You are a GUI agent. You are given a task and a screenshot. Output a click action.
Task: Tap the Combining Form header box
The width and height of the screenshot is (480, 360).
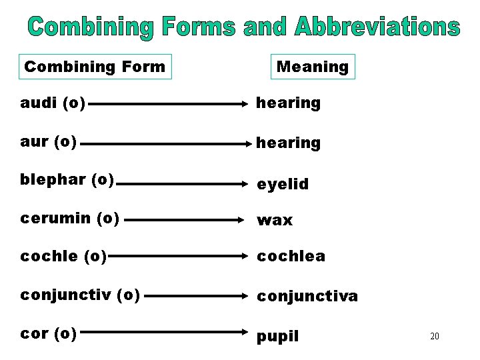pyautogui.click(x=95, y=67)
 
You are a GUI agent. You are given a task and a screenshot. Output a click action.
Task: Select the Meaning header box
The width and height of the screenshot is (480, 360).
pyautogui.click(x=313, y=67)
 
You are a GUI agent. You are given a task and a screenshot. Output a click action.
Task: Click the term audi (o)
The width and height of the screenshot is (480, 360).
pyautogui.click(x=53, y=103)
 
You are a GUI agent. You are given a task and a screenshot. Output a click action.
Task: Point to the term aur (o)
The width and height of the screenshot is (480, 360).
pyautogui.click(x=49, y=141)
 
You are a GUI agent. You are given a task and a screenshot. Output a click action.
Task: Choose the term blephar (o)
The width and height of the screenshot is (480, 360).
pyautogui.click(x=67, y=180)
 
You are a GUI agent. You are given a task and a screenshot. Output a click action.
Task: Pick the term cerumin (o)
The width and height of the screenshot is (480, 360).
pyautogui.click(x=70, y=218)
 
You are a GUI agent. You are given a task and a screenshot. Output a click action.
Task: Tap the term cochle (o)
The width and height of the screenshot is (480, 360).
pyautogui.click(x=63, y=256)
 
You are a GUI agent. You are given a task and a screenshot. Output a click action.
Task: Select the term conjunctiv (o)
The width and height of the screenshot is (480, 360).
pyautogui.click(x=80, y=295)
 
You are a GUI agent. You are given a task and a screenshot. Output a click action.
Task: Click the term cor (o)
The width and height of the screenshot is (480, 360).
pyautogui.click(x=49, y=333)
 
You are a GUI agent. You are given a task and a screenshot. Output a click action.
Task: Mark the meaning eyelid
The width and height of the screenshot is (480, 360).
pyautogui.click(x=283, y=184)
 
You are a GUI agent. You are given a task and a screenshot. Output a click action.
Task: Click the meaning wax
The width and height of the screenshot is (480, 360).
pyautogui.click(x=275, y=221)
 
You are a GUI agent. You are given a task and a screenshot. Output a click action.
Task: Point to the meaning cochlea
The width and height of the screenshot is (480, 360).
pyautogui.click(x=291, y=256)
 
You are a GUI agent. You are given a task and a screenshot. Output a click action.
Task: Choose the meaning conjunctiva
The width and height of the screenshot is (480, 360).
pyautogui.click(x=307, y=295)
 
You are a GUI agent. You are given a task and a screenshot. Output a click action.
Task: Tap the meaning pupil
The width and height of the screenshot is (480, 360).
pyautogui.click(x=278, y=336)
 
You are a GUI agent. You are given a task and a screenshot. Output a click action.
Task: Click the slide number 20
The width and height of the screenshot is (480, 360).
pyautogui.click(x=434, y=336)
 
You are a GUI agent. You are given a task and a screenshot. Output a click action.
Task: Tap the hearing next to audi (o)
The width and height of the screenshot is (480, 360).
pyautogui.click(x=289, y=103)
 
